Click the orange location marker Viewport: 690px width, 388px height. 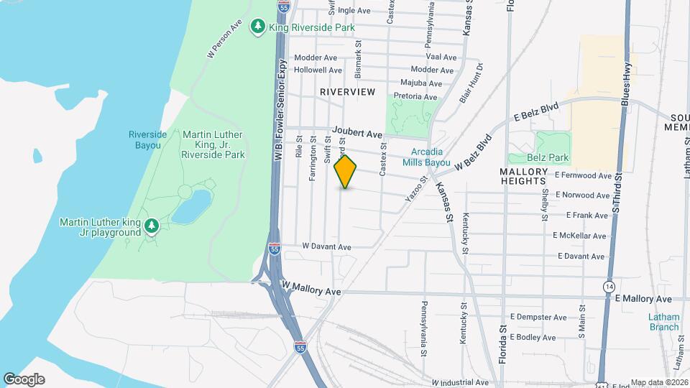point(346,172)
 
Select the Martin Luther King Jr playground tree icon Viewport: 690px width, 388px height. point(151,227)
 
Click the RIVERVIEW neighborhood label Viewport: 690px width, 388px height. point(348,92)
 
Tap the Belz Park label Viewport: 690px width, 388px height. point(548,157)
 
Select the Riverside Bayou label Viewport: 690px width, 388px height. point(148,139)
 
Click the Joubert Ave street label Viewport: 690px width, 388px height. point(356,134)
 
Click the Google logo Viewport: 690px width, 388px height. point(24,379)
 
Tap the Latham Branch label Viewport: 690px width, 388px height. point(663,322)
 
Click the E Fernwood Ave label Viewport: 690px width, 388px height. point(583,175)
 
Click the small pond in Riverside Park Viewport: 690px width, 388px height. point(190,208)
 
